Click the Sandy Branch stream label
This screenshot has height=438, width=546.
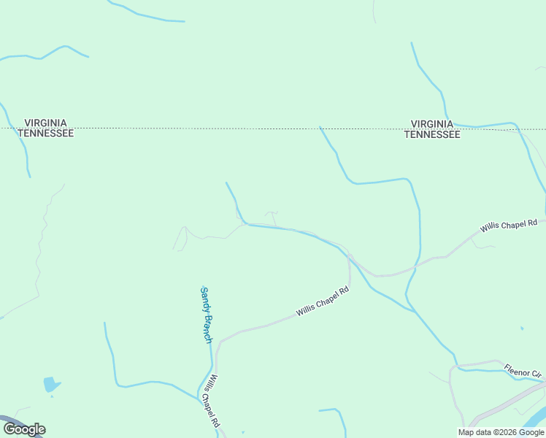207,315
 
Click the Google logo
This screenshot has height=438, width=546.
23,429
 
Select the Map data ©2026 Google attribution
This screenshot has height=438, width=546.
501,432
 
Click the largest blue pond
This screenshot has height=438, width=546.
50,383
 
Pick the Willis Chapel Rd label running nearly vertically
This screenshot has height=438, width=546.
211,401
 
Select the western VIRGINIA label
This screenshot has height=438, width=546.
46,123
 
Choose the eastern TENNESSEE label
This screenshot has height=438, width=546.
432,134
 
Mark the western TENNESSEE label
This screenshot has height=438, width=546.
46,134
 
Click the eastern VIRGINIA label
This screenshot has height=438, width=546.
432,124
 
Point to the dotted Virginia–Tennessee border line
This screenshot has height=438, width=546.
219,128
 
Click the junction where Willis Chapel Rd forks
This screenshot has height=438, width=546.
350,255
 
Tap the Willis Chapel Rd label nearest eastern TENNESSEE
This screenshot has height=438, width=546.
508,226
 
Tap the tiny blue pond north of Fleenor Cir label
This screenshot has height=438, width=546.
522,328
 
